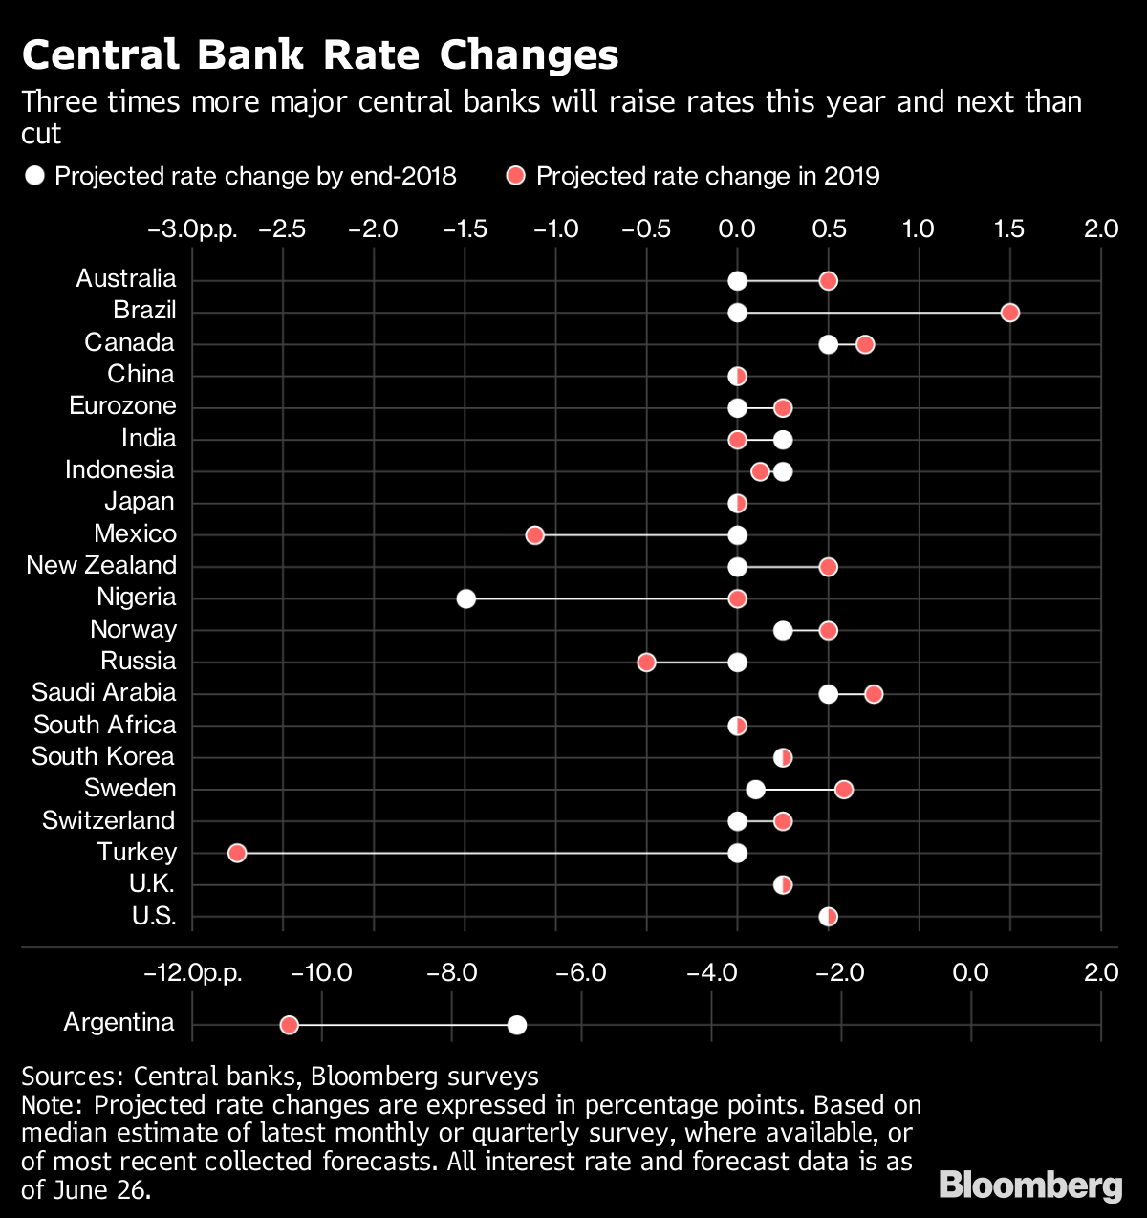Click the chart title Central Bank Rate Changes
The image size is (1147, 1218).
tap(320, 55)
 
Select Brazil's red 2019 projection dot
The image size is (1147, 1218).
tap(1009, 313)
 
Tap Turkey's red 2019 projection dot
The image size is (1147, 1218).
tap(237, 853)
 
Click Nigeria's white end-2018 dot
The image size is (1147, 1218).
tap(465, 598)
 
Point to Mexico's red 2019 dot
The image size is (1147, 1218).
tap(535, 534)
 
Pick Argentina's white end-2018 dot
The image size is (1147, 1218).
tap(517, 1025)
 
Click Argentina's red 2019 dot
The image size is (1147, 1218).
tap(289, 1025)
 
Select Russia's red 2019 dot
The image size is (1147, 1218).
tap(646, 663)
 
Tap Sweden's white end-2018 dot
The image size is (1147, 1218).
tap(755, 789)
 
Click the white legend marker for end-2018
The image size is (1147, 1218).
tap(35, 176)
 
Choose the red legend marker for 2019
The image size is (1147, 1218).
tap(516, 176)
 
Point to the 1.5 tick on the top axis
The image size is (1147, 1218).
tap(1009, 229)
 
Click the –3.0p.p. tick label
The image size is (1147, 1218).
tap(192, 229)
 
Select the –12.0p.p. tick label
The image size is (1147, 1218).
tap(192, 973)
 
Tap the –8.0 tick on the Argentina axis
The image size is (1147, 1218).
tap(451, 973)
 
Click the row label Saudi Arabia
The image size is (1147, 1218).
tap(103, 692)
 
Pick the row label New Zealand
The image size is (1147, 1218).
tap(101, 565)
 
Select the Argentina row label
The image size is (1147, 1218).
tap(119, 1022)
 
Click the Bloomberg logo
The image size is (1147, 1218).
tap(1030, 1185)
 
